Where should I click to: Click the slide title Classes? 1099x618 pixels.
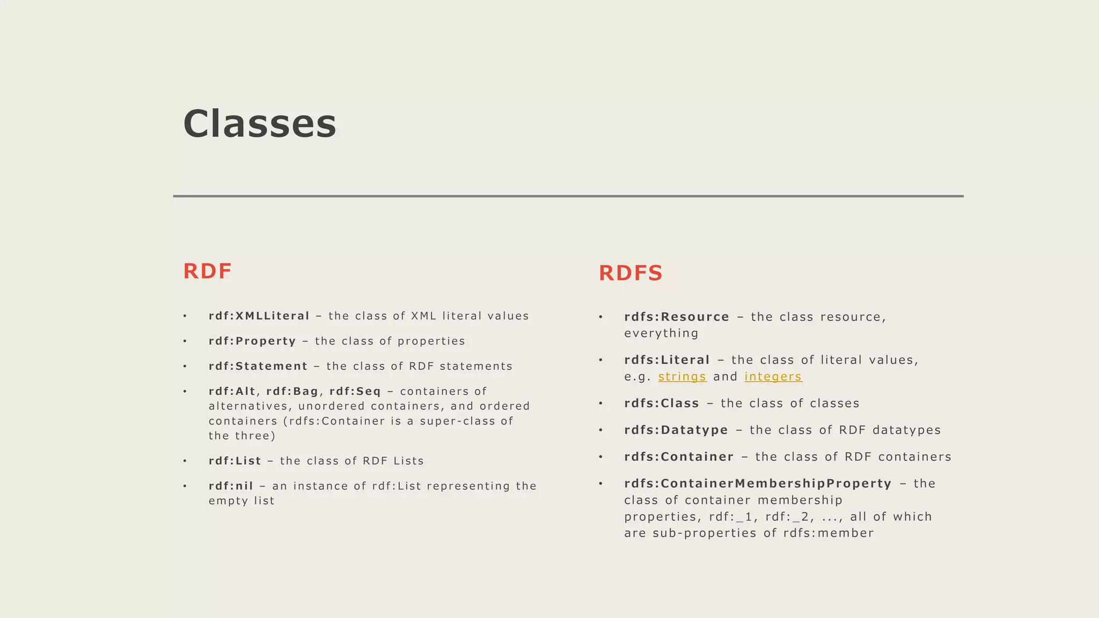coord(260,123)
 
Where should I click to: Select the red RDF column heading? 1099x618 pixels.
coord(207,271)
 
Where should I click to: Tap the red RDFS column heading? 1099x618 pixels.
coord(631,273)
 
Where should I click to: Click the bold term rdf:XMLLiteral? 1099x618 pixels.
coord(259,316)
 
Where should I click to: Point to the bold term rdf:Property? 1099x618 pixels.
coord(252,341)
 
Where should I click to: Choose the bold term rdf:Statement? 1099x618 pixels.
coord(258,366)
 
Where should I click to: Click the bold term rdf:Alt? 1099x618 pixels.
coord(232,392)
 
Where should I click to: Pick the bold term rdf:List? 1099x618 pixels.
coord(235,461)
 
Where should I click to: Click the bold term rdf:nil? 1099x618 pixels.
coord(231,486)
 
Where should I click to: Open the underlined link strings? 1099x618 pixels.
coord(682,377)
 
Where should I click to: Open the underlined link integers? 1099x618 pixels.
coord(773,377)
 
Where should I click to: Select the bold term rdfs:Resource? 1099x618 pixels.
coord(677,317)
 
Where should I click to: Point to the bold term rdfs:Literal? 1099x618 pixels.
coord(667,360)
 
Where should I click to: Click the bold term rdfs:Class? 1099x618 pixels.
coord(662,403)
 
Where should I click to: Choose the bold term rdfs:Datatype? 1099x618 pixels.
coord(676,430)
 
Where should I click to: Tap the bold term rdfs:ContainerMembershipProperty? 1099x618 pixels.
coord(758,484)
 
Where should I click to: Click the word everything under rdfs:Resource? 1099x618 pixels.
coord(661,333)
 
